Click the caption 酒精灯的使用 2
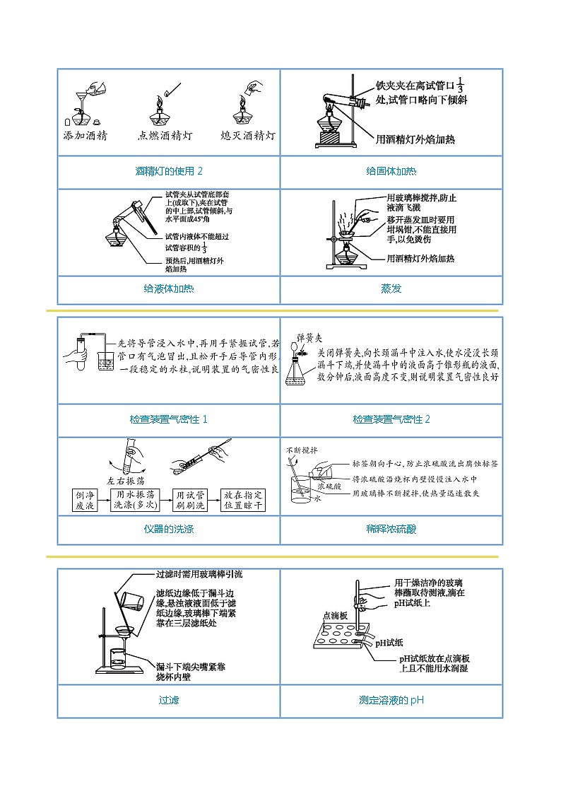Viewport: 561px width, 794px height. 169,171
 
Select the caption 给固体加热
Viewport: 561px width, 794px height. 391,171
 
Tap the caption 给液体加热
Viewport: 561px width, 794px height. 169,288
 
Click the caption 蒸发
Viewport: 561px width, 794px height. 391,288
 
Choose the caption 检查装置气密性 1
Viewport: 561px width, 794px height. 169,419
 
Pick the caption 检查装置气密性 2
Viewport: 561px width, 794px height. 391,419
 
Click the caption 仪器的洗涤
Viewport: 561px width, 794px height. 169,529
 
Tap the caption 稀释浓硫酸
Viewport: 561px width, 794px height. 391,529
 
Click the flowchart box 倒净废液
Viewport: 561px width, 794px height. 89,500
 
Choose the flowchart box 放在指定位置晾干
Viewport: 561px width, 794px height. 242,500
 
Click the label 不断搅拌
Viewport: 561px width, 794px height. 302,450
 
